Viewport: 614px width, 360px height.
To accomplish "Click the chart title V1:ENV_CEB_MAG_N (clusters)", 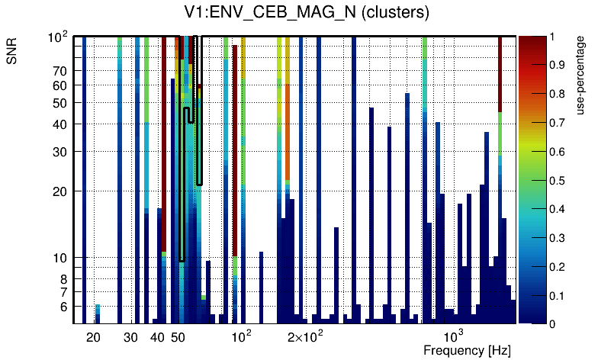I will click(x=306, y=12).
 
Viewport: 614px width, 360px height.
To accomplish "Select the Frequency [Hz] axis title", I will click(x=467, y=351).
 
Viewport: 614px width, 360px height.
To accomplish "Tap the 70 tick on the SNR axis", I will click(x=60, y=71).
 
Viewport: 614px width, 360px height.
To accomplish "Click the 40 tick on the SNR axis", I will click(x=60, y=124).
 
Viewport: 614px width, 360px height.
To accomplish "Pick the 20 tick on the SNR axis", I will click(x=60, y=191).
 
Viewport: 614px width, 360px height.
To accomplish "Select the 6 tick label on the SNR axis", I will click(x=63, y=307).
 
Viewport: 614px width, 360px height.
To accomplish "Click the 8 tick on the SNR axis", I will click(x=63, y=279).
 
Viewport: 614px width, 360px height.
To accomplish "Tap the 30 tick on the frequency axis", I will click(x=130, y=337).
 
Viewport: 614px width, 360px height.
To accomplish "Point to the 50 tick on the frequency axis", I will click(x=178, y=337).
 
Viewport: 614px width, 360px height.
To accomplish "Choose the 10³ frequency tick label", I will click(x=454, y=336).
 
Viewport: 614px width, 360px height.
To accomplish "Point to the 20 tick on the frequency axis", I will click(x=93, y=337).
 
